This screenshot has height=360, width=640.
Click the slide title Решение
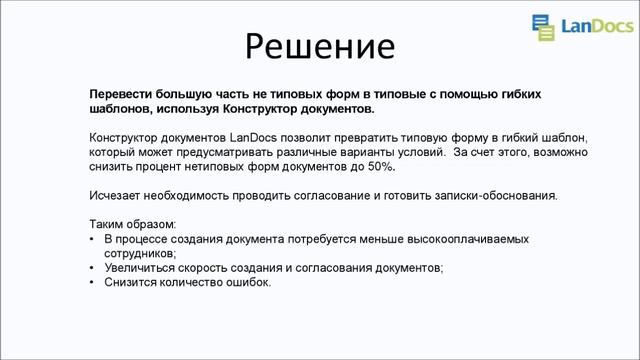tap(320, 45)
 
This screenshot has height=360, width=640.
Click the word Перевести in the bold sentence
tap(122, 93)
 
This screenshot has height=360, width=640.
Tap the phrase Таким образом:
tap(133, 224)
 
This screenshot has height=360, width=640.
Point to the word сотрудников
tap(139, 254)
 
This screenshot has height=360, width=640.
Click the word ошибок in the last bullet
tap(246, 283)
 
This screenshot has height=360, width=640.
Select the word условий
tap(420, 151)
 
